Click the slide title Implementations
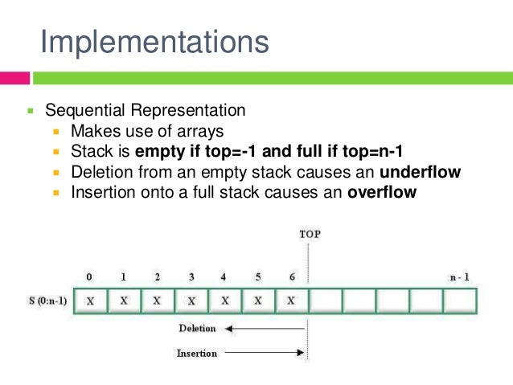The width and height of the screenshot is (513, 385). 154,42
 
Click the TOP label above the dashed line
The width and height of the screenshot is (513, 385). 310,234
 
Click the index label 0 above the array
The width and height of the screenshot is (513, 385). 89,276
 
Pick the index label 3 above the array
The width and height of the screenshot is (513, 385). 191,276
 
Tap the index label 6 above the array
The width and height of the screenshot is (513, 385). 292,276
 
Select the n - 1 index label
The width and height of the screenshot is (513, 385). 459,276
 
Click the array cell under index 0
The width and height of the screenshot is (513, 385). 90,301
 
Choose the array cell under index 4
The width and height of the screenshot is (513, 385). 225,301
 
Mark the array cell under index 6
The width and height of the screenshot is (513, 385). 292,301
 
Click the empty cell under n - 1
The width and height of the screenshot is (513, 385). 460,301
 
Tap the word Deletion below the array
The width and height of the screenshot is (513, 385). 197,329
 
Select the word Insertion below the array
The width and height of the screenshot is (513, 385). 197,353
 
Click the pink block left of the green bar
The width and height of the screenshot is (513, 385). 15,79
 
